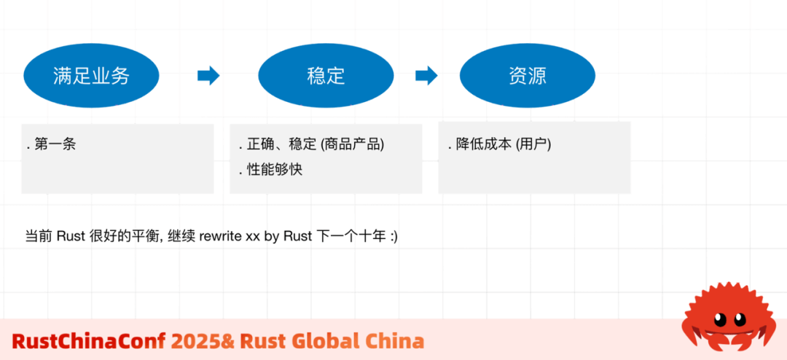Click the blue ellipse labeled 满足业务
91,76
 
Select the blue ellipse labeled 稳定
326,76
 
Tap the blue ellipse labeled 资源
528,76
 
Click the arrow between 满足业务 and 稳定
208,76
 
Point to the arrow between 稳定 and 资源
426,76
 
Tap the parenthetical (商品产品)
352,144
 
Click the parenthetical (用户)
533,144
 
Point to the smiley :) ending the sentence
393,237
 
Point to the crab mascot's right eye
743,318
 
